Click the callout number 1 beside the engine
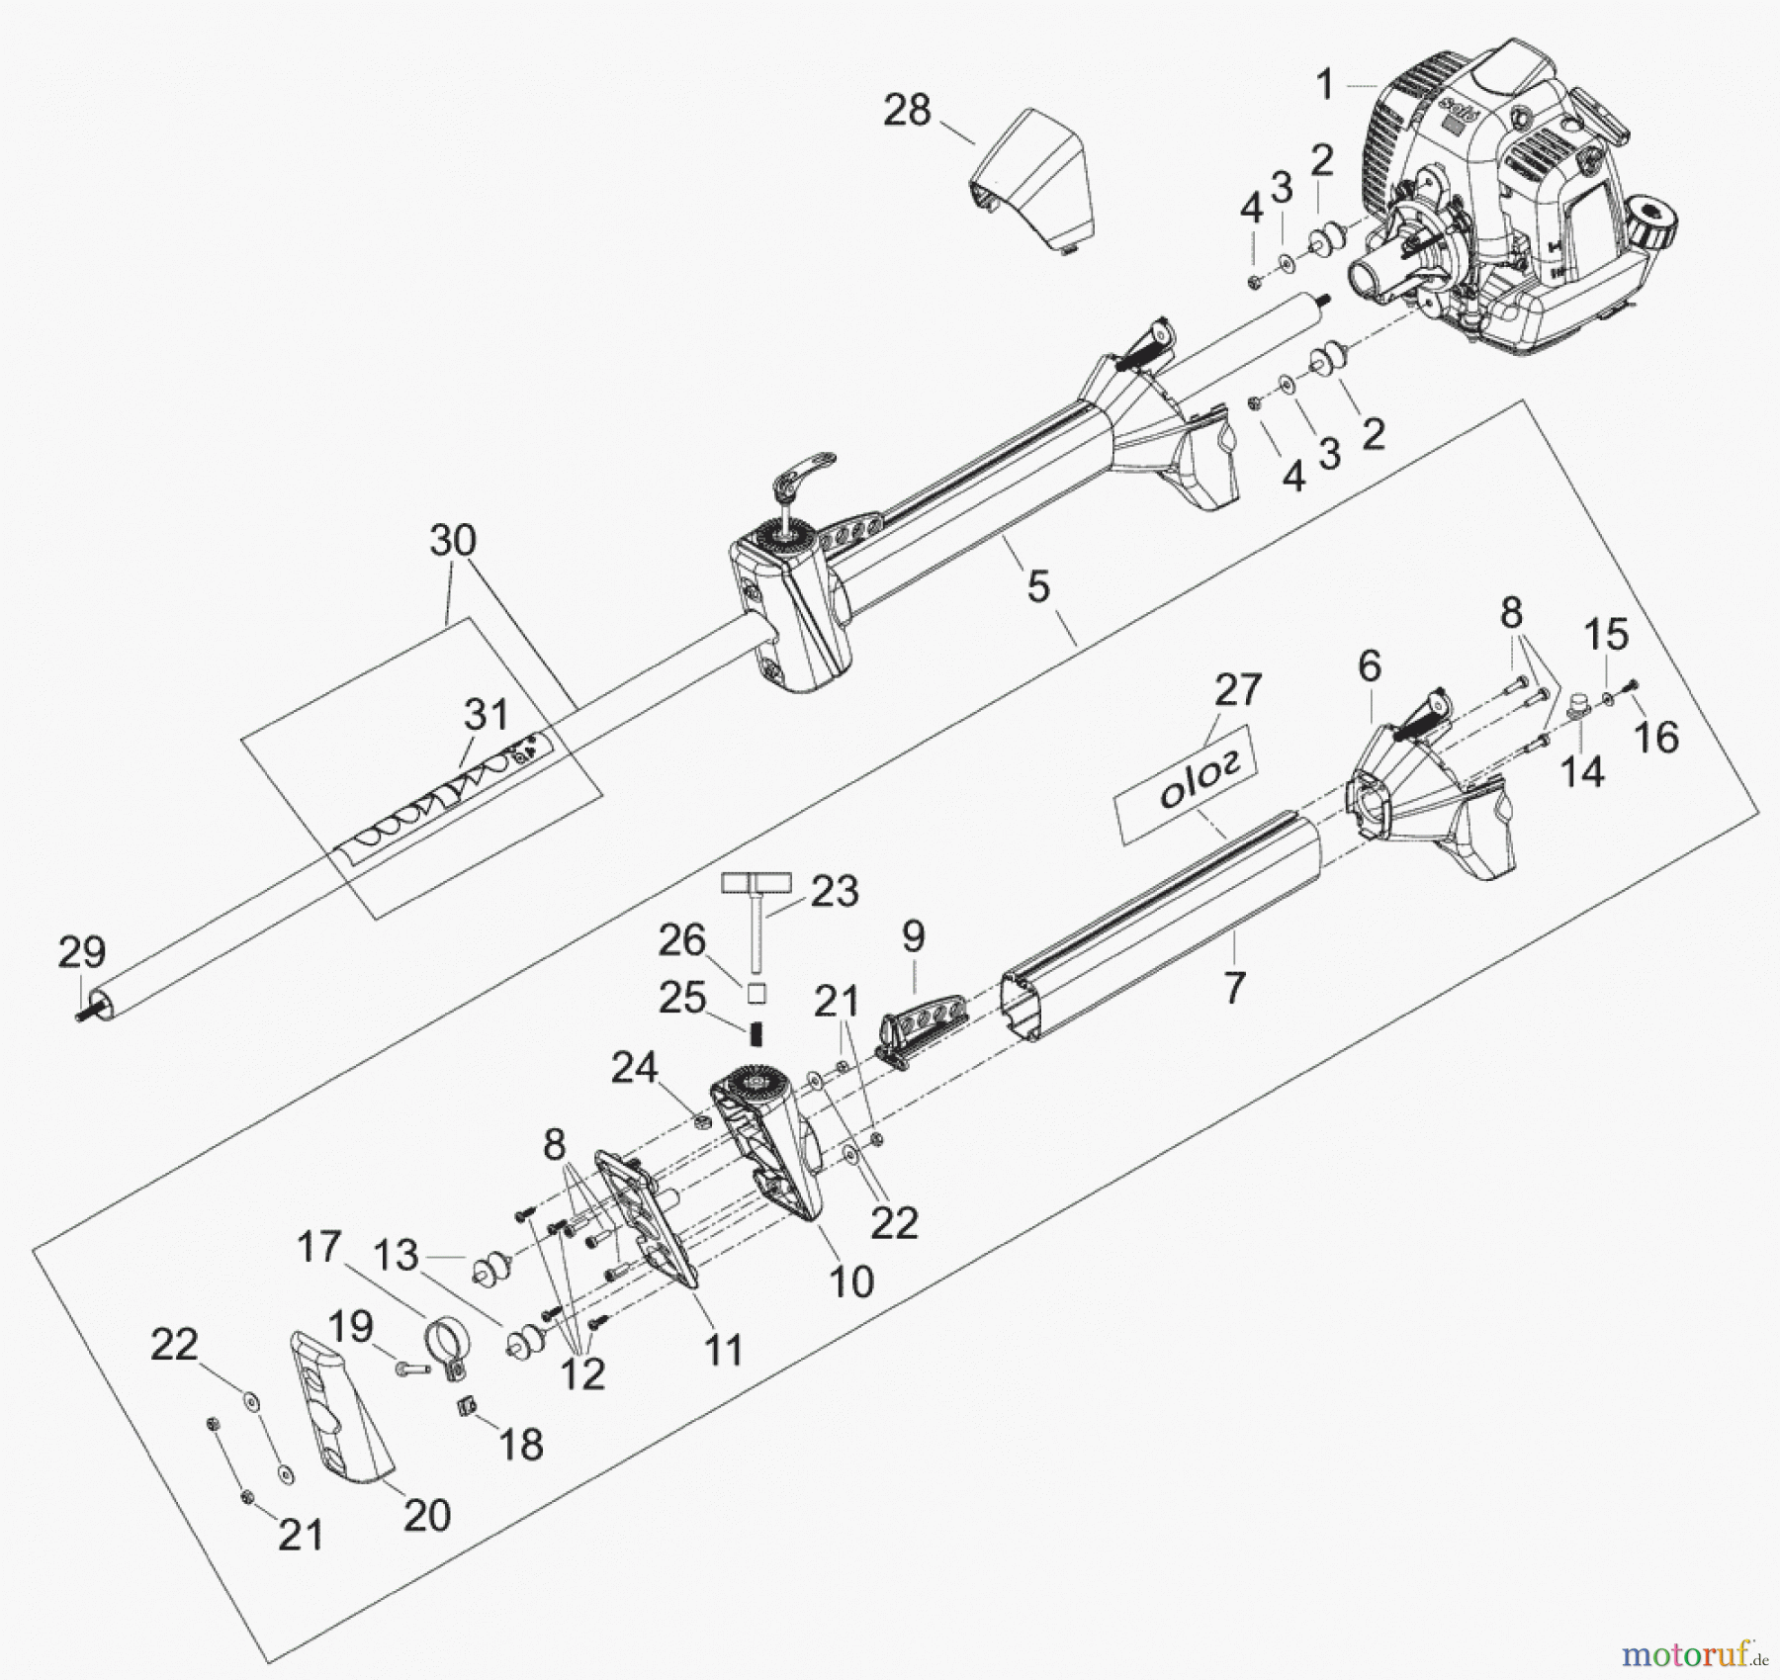click(x=1325, y=85)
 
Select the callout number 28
click(x=907, y=110)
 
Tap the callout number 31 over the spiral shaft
click(x=486, y=714)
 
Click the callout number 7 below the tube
click(x=1233, y=986)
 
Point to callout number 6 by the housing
click(x=1369, y=666)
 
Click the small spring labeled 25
click(x=758, y=1034)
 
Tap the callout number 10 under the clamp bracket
click(x=851, y=1282)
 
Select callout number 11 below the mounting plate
click(x=724, y=1350)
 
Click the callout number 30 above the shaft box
click(x=453, y=540)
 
